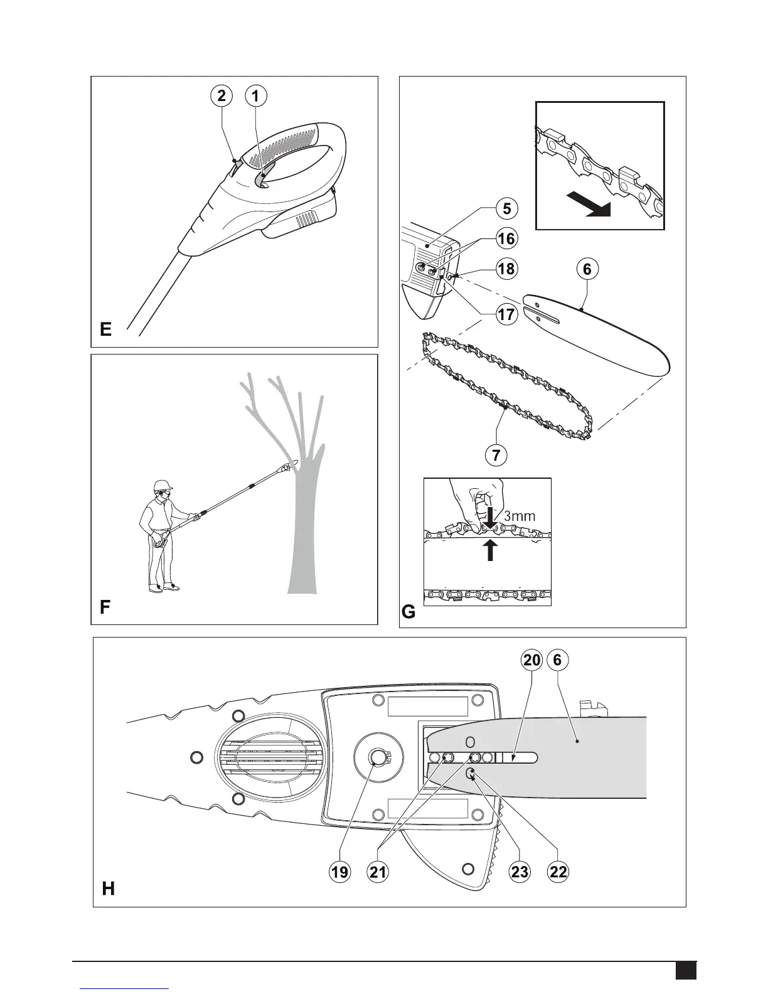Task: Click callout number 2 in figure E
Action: pyautogui.click(x=221, y=96)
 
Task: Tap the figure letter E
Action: pyautogui.click(x=105, y=329)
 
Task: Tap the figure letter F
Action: pyautogui.click(x=105, y=607)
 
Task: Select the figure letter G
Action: pyautogui.click(x=408, y=611)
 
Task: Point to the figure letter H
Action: pyautogui.click(x=108, y=889)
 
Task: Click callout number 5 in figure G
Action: pyautogui.click(x=506, y=208)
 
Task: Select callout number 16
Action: pyautogui.click(x=506, y=238)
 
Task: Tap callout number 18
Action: pyautogui.click(x=506, y=269)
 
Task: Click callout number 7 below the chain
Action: pyautogui.click(x=496, y=455)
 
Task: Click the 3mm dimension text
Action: pyautogui.click(x=520, y=516)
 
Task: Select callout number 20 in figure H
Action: pyautogui.click(x=531, y=660)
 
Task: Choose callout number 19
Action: pyautogui.click(x=340, y=872)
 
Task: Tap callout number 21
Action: pyautogui.click(x=379, y=872)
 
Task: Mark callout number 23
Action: pyautogui.click(x=520, y=872)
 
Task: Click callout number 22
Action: pyautogui.click(x=558, y=872)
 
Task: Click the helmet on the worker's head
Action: pyautogui.click(x=163, y=484)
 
